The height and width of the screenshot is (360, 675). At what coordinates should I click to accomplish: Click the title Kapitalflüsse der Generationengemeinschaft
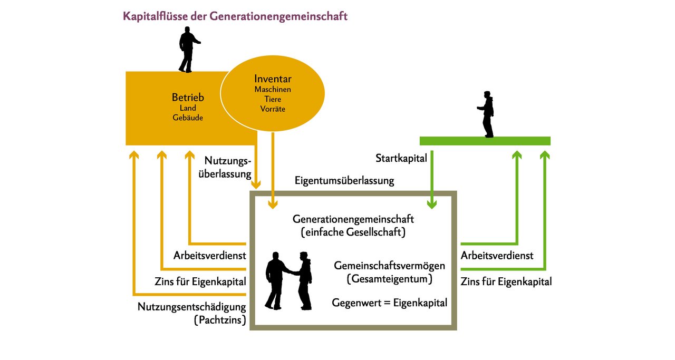235,16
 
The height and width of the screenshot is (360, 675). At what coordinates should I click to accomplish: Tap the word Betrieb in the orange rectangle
188,98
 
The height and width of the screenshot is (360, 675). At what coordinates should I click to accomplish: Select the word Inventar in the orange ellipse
273,79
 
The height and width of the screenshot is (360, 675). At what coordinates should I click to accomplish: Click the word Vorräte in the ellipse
273,109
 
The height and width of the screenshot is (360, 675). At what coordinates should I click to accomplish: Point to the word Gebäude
188,118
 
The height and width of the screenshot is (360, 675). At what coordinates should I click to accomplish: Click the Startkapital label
401,159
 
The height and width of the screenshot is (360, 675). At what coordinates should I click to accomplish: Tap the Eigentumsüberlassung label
344,181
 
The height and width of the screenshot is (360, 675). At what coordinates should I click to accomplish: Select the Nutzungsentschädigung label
191,307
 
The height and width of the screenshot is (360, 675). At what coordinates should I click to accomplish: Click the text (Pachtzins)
220,320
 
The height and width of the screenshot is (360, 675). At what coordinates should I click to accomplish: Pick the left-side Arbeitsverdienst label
210,256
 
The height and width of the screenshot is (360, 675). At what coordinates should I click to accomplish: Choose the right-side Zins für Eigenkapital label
506,282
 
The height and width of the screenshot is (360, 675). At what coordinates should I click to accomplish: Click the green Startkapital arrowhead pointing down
432,205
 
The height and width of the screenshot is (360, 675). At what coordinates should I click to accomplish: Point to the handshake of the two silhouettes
293,273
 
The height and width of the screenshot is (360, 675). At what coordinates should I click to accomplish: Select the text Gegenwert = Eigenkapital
389,303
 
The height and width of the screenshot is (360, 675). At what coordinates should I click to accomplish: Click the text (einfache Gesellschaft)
353,232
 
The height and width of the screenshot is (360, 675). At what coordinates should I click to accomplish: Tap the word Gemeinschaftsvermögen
389,266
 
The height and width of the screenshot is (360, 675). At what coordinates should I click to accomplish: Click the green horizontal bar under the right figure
485,141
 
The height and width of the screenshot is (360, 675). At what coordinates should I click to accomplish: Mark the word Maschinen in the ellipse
273,90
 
